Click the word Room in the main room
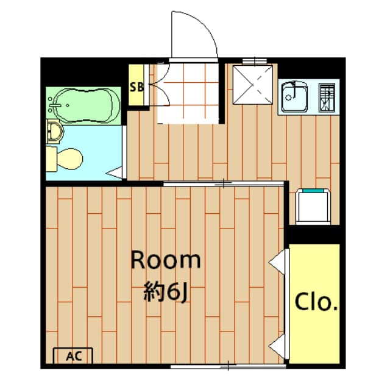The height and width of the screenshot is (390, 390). tap(166, 261)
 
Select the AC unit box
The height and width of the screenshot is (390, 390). tap(73, 355)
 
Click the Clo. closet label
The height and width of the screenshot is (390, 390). tap(316, 302)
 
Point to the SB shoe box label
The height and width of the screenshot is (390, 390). tap(136, 87)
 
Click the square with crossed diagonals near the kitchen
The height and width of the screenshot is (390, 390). tap(251, 86)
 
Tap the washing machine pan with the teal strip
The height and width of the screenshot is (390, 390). tap(313, 206)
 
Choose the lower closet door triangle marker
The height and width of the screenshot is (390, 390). tap(277, 346)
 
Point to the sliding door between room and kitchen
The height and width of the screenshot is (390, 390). tap(224, 183)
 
